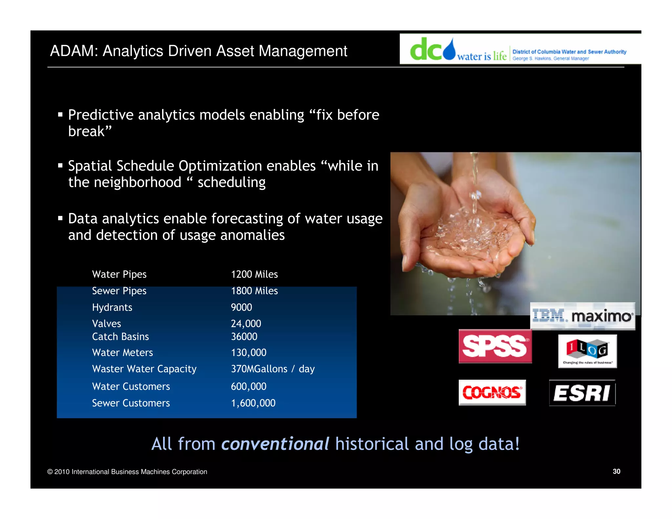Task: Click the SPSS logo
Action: pos(495,346)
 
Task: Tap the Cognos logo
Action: pos(492,392)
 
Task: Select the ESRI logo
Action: pos(582,393)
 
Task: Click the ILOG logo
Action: pos(587,351)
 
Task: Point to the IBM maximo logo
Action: pos(582,316)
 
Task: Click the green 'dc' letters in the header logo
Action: pos(426,50)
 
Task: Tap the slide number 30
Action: pos(616,471)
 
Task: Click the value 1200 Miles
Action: pos(254,274)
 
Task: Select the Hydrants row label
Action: pos(112,307)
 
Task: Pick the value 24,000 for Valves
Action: pos(246,324)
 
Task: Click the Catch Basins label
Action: pos(120,337)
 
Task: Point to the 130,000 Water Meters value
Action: pos(249,353)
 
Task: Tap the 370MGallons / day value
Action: pos(273,369)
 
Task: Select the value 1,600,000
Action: pos(253,403)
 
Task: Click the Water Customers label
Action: pos(131,386)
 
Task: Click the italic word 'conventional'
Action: pos(275,444)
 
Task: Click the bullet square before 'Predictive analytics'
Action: pos(60,115)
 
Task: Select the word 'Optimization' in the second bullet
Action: pos(220,166)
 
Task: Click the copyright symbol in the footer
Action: pos(50,472)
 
